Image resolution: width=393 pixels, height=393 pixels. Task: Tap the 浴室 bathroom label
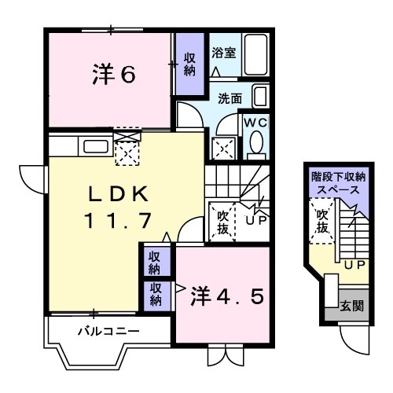(223, 53)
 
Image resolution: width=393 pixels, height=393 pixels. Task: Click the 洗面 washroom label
(230, 100)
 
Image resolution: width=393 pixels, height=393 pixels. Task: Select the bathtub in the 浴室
(256, 55)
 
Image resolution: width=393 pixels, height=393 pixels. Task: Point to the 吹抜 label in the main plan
(222, 221)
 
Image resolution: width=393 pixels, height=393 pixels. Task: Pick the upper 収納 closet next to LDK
(156, 263)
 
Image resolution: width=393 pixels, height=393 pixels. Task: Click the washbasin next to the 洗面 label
(260, 97)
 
